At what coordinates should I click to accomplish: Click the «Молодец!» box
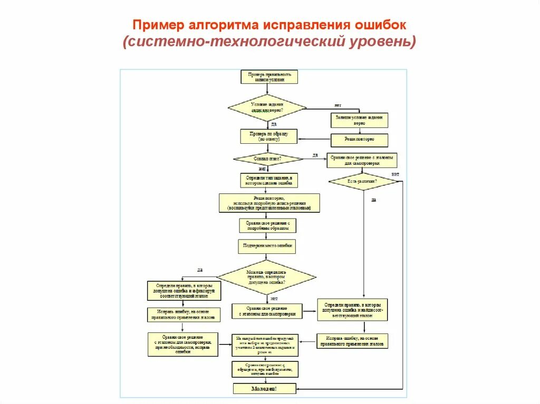click(265, 388)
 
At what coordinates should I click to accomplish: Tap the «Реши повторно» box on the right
click(359, 140)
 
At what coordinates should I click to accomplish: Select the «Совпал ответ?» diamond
click(268, 159)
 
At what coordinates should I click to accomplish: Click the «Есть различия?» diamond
click(363, 181)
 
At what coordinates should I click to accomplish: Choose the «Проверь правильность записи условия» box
click(269, 77)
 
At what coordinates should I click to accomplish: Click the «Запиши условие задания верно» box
click(359, 120)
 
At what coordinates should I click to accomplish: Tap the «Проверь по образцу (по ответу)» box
click(269, 136)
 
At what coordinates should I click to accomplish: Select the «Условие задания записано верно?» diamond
click(267, 108)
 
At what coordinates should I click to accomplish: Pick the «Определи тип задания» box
click(268, 180)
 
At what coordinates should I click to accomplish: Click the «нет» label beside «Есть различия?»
click(395, 174)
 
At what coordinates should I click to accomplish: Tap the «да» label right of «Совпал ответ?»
click(315, 155)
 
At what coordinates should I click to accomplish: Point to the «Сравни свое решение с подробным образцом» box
click(267, 225)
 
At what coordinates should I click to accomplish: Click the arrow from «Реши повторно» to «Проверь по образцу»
click(314, 140)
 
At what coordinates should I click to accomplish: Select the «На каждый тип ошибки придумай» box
click(265, 345)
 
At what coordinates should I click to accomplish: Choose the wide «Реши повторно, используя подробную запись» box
click(269, 203)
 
